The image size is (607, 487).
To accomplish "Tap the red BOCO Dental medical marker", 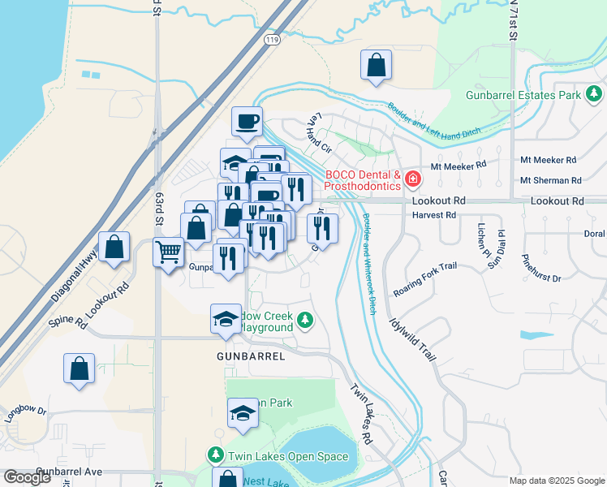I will (x=413, y=177).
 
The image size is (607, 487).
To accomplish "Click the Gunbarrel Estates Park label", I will (x=523, y=95).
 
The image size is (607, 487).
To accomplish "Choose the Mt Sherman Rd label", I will (x=551, y=180).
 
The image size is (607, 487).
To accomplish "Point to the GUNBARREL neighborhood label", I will (x=251, y=356).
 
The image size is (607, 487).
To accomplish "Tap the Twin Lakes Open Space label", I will (x=288, y=456).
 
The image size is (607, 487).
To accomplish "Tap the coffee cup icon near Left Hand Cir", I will (x=248, y=122).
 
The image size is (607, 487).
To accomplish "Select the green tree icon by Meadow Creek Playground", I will (x=305, y=321).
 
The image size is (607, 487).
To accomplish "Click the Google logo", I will (x=27, y=477).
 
